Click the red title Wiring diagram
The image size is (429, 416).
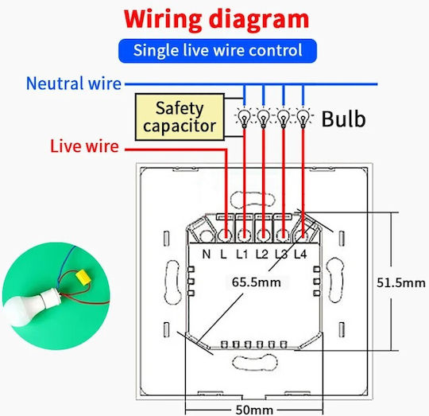(x=216, y=20)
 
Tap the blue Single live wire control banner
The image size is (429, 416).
(x=218, y=51)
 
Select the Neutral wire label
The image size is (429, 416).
(x=74, y=84)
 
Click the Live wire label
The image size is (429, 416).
(x=84, y=146)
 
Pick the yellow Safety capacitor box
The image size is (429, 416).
(x=180, y=117)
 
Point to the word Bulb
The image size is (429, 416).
(x=343, y=119)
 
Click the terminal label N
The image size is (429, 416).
(x=207, y=255)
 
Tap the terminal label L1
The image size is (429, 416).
(x=242, y=255)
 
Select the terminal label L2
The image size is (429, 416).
(x=262, y=255)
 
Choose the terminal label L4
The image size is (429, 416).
(x=300, y=255)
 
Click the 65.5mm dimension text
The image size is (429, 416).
(x=257, y=282)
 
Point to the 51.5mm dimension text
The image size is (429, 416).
(x=401, y=283)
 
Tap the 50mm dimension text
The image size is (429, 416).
(x=254, y=410)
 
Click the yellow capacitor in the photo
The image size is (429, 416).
(x=83, y=276)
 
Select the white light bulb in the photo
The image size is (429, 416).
(x=30, y=307)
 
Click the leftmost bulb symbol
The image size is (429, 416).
(x=245, y=119)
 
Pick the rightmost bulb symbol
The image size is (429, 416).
(x=303, y=119)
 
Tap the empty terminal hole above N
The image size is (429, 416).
(x=207, y=235)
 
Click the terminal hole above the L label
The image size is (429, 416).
(x=226, y=235)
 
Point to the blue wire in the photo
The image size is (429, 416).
(x=67, y=263)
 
